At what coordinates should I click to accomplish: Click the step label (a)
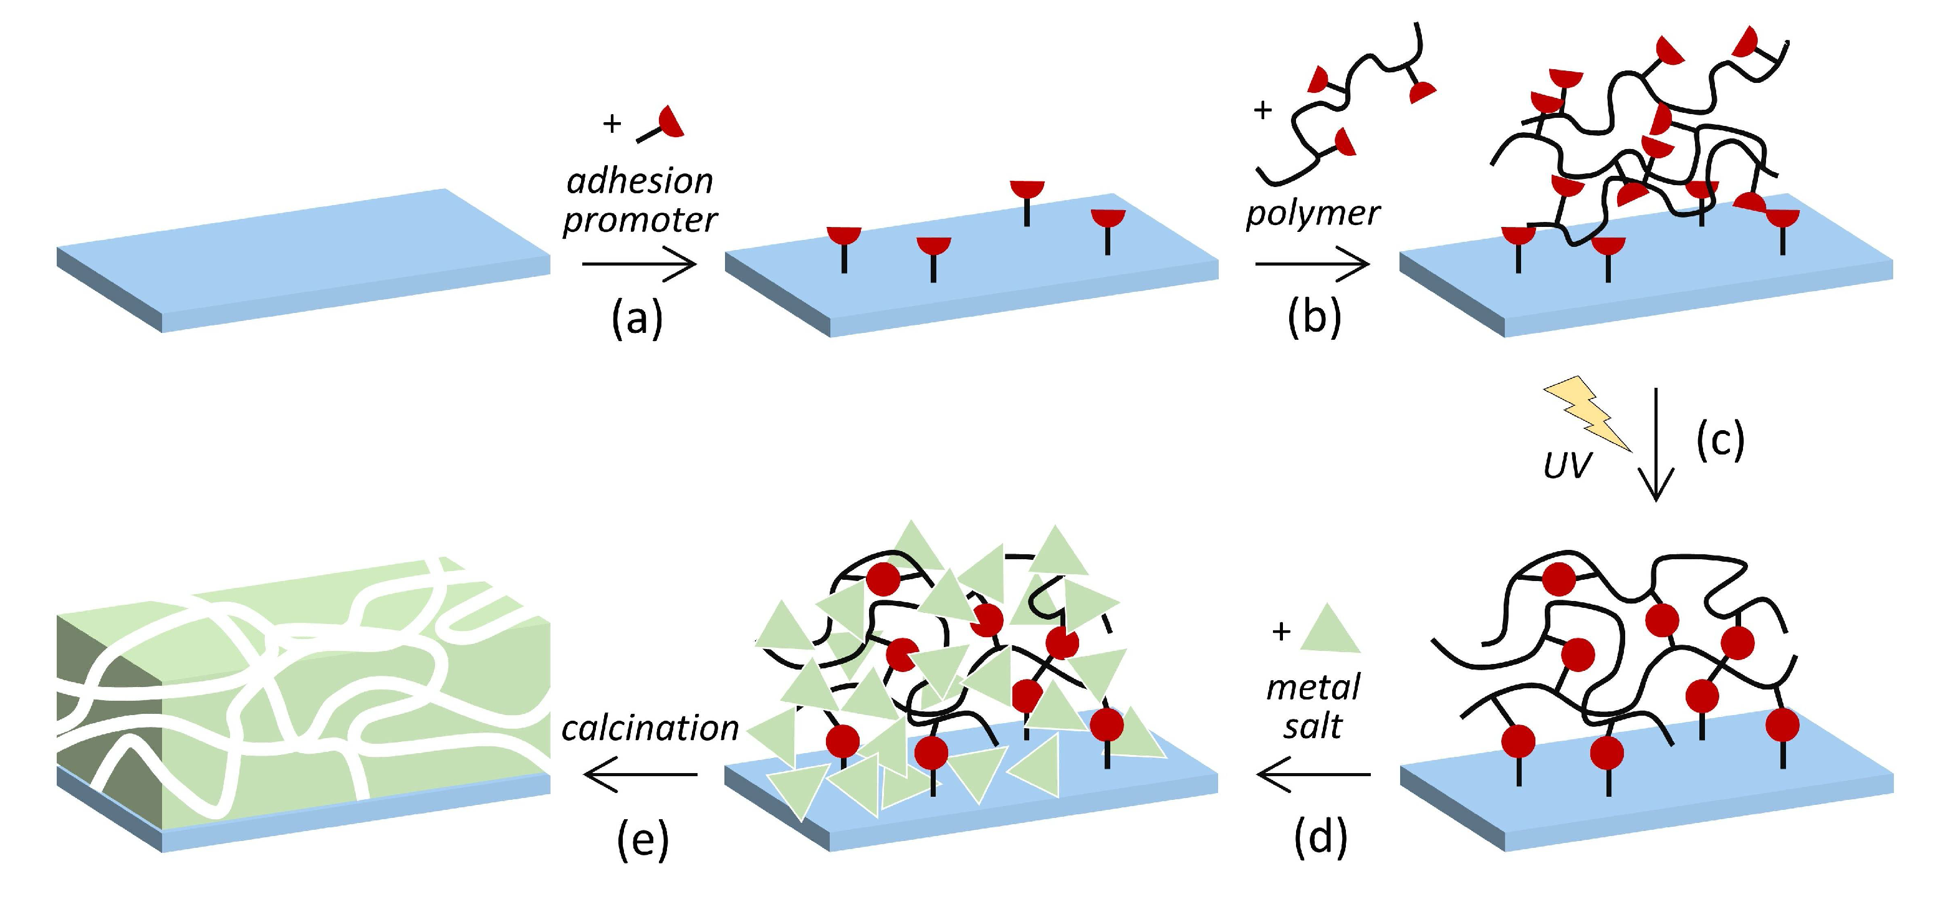click(637, 319)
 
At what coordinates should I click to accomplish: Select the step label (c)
click(1720, 441)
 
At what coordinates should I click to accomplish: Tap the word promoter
click(640, 220)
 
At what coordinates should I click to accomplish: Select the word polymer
click(1312, 213)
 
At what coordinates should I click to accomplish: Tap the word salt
click(1312, 726)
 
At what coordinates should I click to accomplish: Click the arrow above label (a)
click(639, 264)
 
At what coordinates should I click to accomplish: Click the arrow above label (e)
click(641, 774)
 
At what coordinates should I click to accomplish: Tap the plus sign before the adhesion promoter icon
click(612, 123)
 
